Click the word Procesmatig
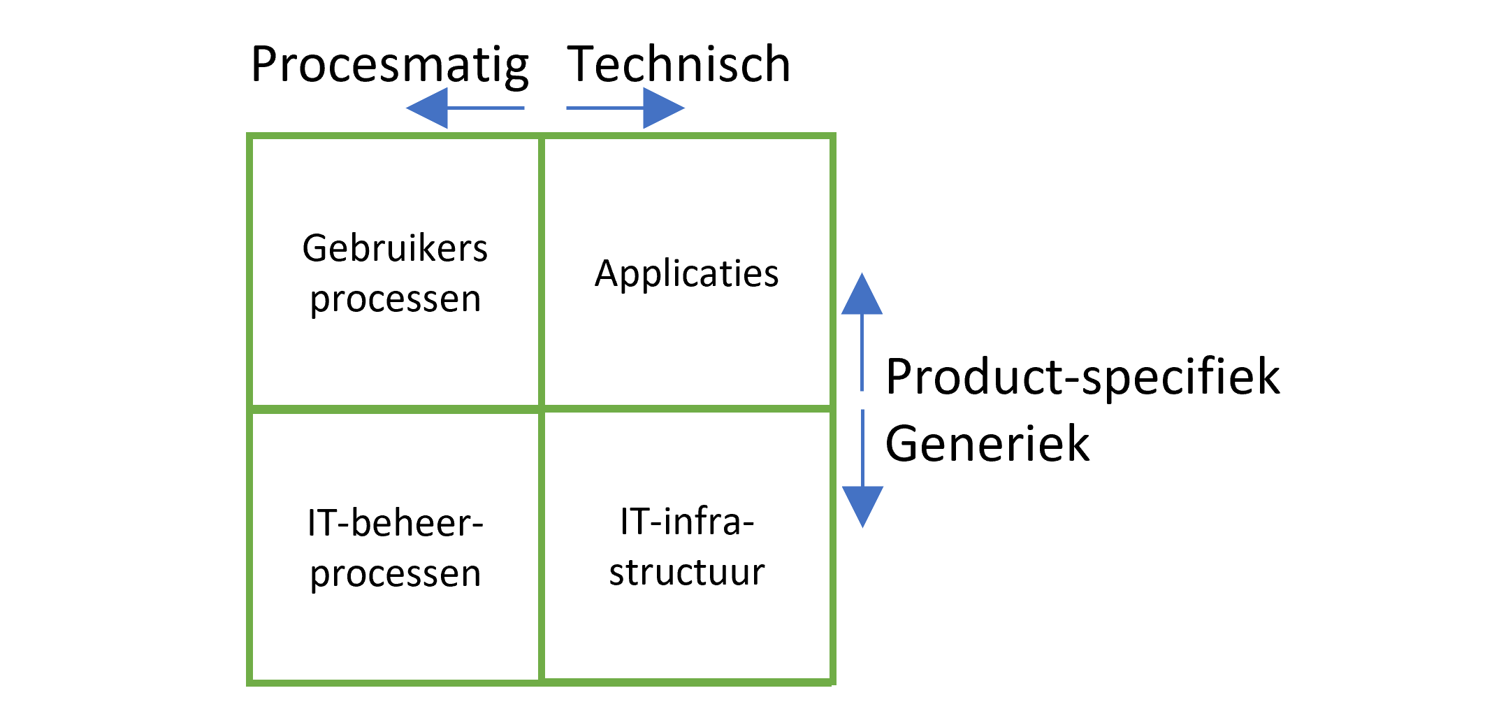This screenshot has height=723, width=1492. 389,65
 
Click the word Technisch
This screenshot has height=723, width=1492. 679,64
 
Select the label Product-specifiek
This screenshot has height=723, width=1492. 1082,378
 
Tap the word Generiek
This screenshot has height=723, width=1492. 987,443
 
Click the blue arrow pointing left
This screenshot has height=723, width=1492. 465,108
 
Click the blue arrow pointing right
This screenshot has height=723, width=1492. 625,108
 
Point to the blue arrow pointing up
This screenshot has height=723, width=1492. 862,332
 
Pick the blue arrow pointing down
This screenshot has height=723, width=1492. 862,468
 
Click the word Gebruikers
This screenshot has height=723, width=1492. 395,248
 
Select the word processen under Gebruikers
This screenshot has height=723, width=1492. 396,299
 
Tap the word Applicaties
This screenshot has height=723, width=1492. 687,273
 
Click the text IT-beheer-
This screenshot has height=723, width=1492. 396,523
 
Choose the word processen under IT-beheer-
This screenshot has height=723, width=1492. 396,574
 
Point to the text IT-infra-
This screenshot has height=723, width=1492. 687,522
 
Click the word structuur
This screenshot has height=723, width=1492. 687,572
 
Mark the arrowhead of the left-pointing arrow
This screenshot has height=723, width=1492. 428,108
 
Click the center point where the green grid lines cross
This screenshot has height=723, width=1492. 542,408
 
